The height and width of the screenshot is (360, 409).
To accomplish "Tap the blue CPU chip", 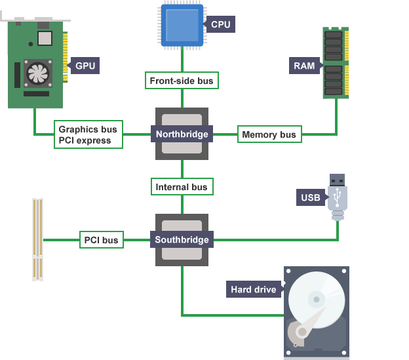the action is (x=182, y=26).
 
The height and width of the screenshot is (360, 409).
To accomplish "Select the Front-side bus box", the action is (x=182, y=81).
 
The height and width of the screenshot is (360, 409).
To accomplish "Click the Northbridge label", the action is (x=182, y=134).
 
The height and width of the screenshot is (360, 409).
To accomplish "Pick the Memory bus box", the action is (x=269, y=134).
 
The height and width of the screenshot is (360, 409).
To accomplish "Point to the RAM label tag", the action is (x=306, y=66).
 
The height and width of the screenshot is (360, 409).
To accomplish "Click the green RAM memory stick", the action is (x=336, y=62).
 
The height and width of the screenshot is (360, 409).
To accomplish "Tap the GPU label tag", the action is (x=83, y=66).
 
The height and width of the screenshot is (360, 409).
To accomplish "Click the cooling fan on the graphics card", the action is (x=38, y=73).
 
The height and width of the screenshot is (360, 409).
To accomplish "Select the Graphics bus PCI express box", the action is (x=88, y=134).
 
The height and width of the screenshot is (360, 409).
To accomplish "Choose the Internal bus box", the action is (x=182, y=187).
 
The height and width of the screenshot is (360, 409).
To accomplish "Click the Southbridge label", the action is (x=182, y=239).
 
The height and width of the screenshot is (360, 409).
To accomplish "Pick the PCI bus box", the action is (x=102, y=240).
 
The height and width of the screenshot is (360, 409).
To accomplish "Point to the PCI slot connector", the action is (x=37, y=239).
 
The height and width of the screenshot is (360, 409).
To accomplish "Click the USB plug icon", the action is (x=338, y=197).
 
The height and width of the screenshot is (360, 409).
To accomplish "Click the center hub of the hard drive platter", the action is (x=317, y=299).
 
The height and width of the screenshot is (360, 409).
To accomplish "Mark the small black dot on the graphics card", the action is (x=31, y=44).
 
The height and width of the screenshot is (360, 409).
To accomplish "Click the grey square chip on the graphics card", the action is (x=45, y=38).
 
